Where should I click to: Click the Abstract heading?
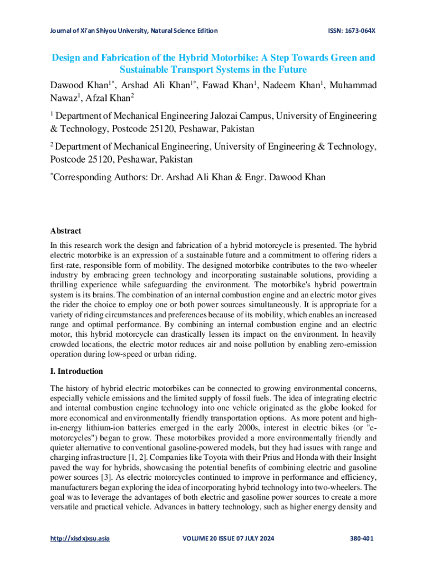click(x=65, y=231)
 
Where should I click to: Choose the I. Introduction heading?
click(x=77, y=371)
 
